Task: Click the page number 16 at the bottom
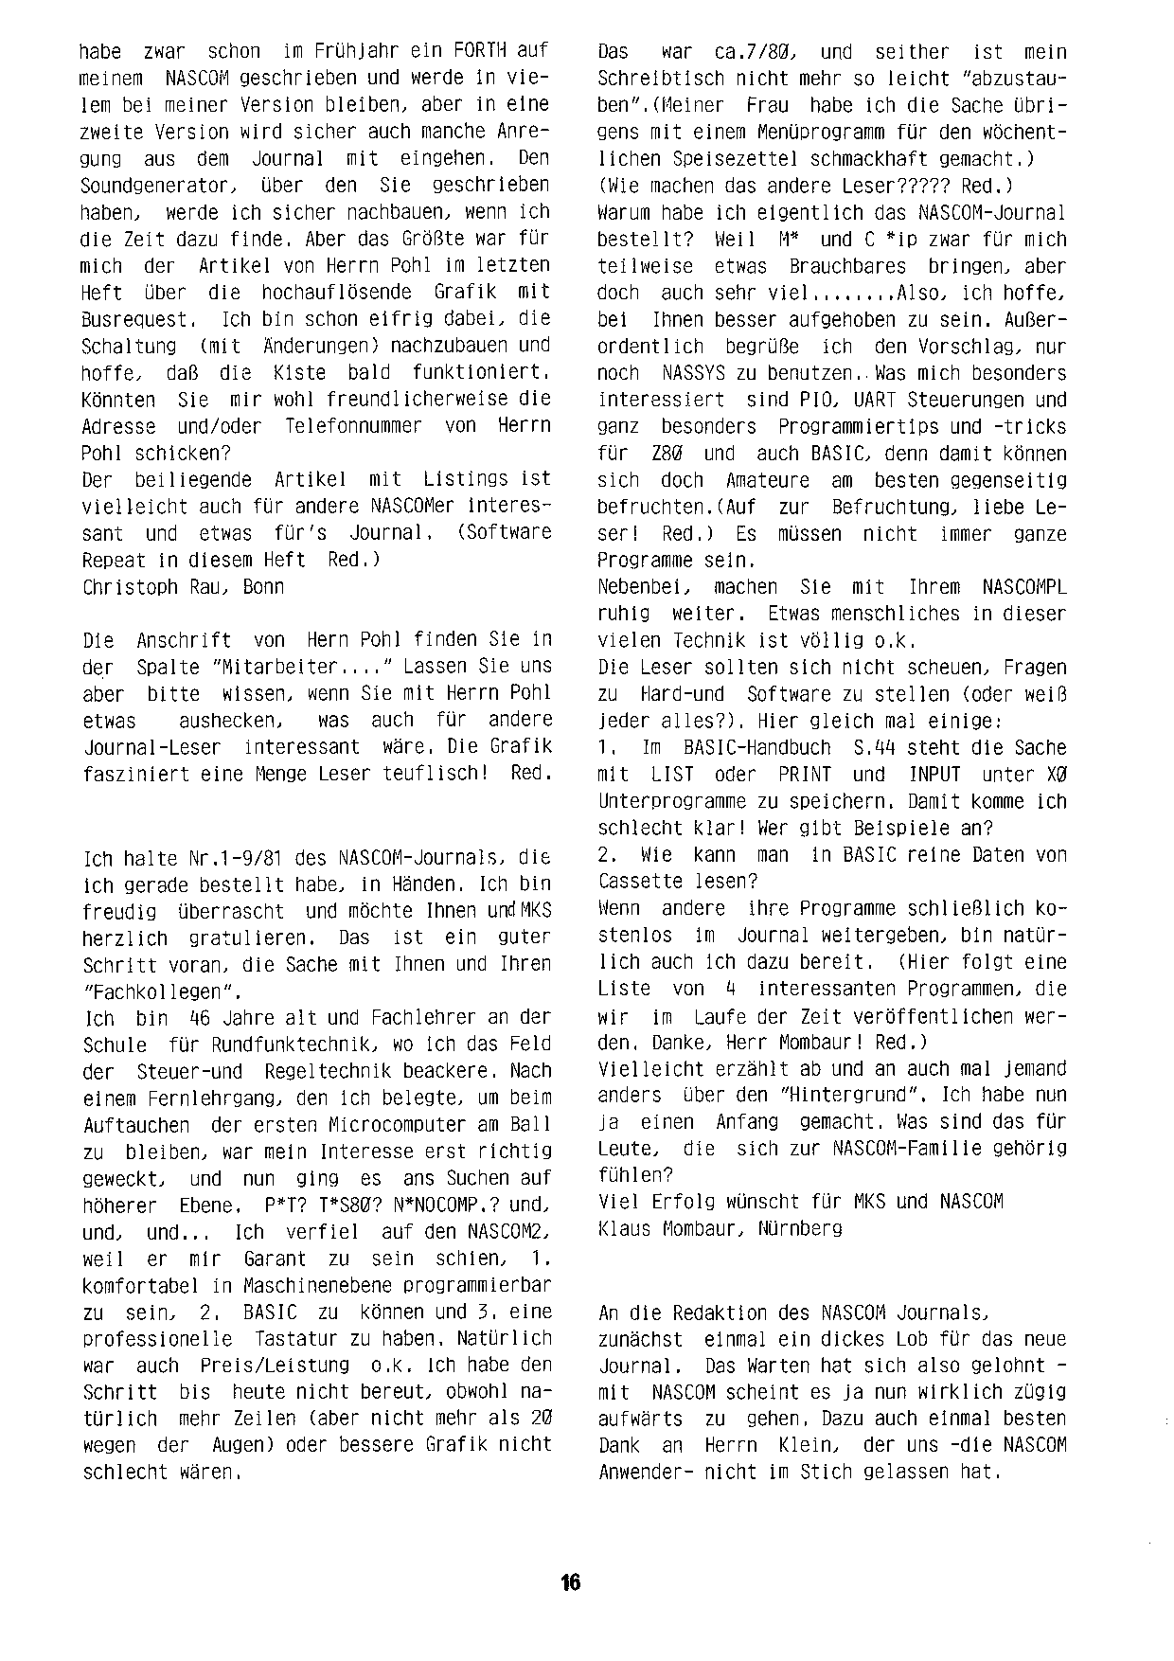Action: [x=570, y=1582]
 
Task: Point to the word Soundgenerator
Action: [x=153, y=185]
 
